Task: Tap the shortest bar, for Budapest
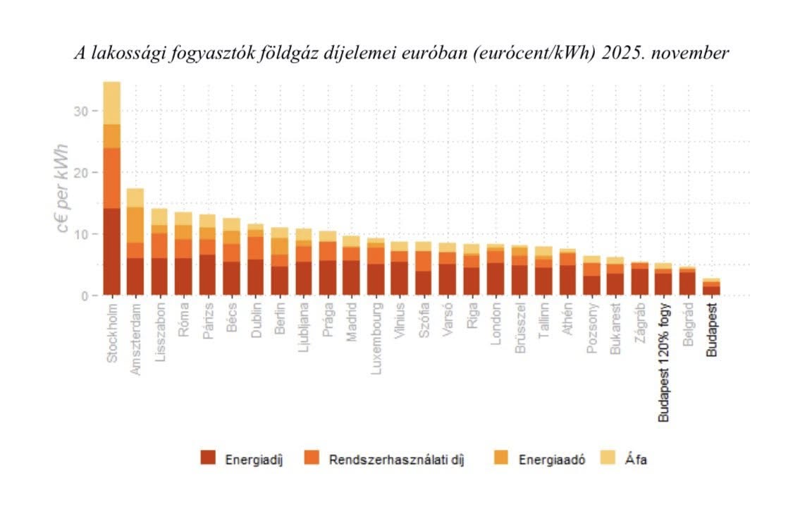tap(711, 287)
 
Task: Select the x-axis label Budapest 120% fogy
tap(663, 363)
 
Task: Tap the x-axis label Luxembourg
tap(376, 339)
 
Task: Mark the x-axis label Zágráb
tap(639, 324)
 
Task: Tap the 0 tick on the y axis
tap(85, 295)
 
